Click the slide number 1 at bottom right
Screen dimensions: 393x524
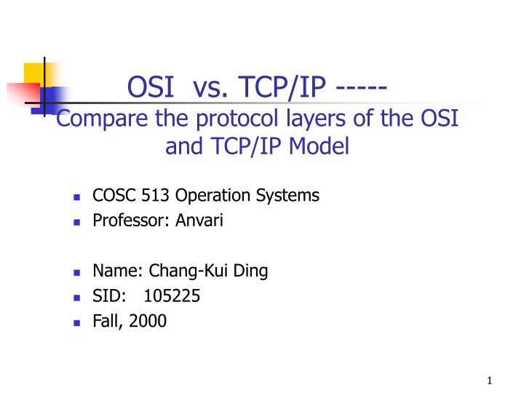[491, 381]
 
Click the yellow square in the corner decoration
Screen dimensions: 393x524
[35, 73]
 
